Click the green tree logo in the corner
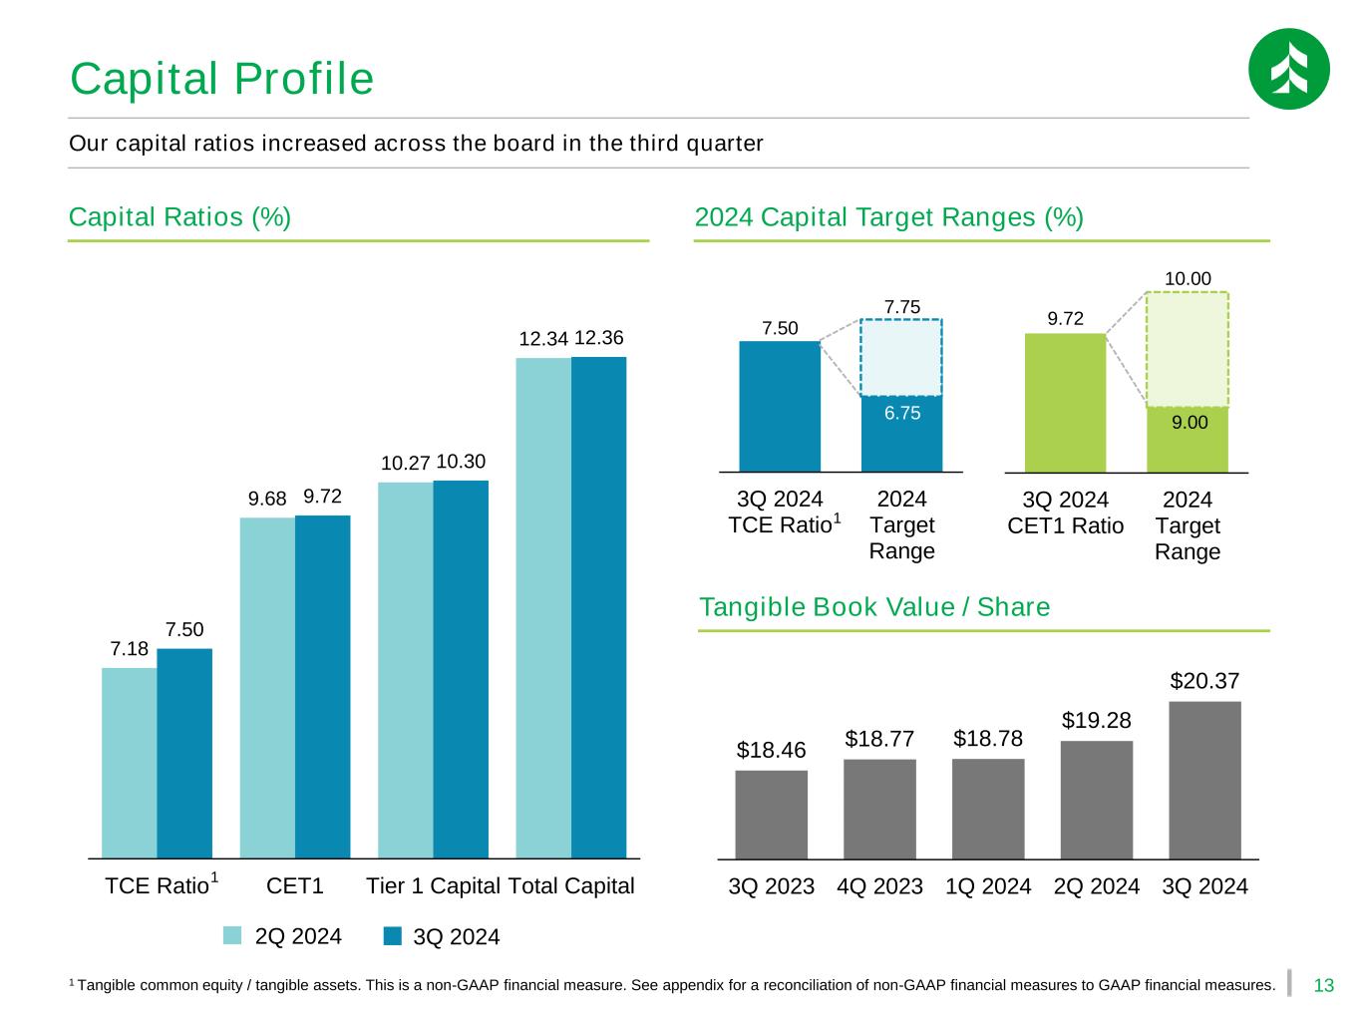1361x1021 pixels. click(1288, 69)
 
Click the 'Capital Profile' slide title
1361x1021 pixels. click(221, 79)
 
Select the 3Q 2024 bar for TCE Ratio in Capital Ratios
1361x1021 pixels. click(184, 753)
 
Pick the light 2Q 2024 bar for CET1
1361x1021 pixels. click(267, 687)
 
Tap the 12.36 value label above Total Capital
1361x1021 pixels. click(599, 338)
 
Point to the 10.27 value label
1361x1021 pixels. click(405, 464)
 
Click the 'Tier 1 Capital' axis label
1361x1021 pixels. click(433, 885)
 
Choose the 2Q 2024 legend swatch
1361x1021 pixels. click(232, 935)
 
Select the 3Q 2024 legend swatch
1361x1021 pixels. click(393, 936)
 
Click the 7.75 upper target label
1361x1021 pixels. click(901, 307)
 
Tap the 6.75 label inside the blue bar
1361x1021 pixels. click(901, 413)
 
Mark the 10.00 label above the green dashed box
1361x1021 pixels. click(1188, 278)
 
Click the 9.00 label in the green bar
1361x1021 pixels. click(1189, 423)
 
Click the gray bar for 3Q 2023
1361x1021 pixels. click(771, 814)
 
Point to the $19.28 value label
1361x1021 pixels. click(1096, 720)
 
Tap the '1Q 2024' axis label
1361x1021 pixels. click(988, 885)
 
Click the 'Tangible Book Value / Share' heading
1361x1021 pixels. click(874, 607)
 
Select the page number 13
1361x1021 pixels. click(1324, 986)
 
